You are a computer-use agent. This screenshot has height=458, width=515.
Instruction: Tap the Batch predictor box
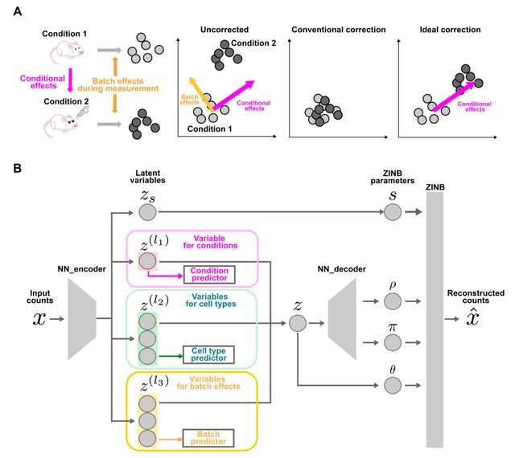[x=208, y=437]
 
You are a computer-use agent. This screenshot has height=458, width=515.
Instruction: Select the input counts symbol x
[x=39, y=318]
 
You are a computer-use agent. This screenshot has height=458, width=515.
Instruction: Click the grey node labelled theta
[x=392, y=386]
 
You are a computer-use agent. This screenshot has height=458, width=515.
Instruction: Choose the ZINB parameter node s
[x=392, y=211]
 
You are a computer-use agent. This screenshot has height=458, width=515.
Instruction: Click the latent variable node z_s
[x=146, y=211]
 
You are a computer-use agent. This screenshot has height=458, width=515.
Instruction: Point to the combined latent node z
[x=298, y=323]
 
